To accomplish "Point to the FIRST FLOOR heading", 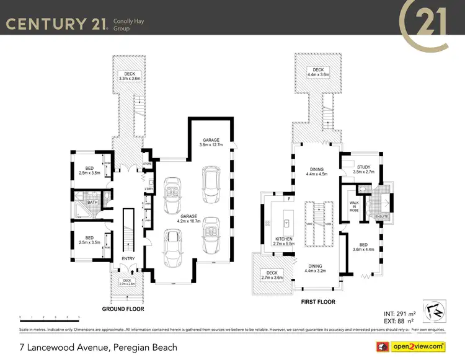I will [x=317, y=302].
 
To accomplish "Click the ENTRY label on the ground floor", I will [x=128, y=259].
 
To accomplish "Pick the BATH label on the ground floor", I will [x=92, y=202].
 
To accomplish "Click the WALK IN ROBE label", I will [x=354, y=206].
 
